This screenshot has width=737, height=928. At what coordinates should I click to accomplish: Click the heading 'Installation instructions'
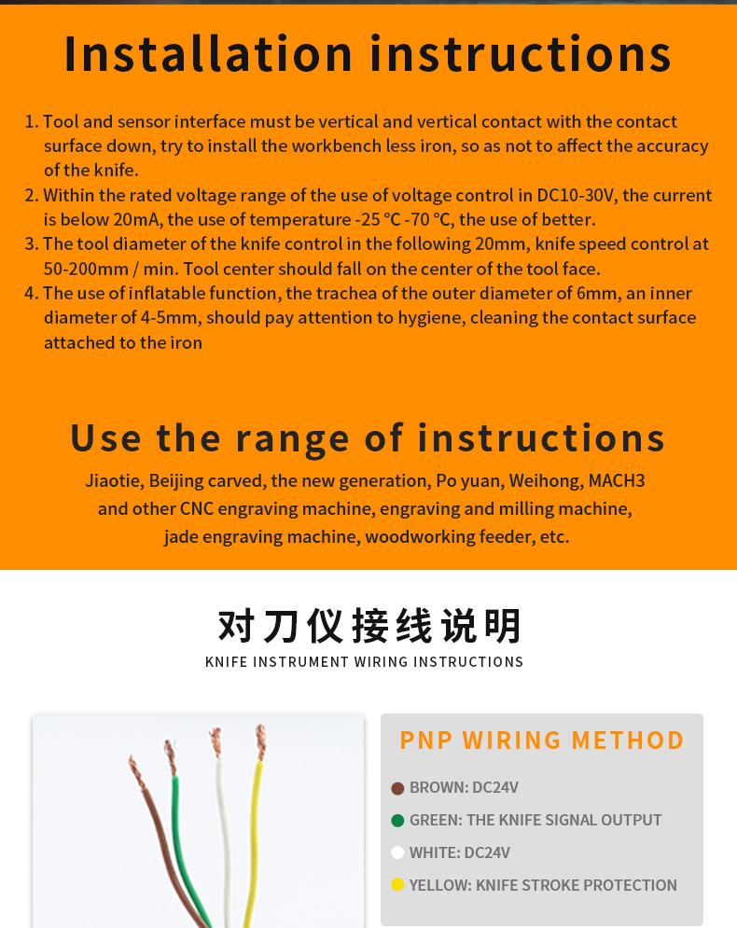point(368,54)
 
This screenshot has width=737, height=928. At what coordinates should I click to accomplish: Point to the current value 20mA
point(137,219)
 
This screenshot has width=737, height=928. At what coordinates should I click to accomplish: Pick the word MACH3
point(617,480)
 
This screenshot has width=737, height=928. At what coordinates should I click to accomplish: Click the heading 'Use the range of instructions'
point(368,438)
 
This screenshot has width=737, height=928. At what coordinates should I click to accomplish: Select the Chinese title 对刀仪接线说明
point(369,626)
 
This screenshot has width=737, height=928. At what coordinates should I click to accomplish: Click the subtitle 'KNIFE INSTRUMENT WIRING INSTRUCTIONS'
point(364,661)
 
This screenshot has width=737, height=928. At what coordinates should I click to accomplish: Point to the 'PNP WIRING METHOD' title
point(542,741)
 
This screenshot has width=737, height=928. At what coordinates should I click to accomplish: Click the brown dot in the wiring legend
point(397,788)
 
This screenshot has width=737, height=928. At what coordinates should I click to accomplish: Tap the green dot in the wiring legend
point(397,821)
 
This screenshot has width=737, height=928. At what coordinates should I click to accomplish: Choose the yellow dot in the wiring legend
point(397,885)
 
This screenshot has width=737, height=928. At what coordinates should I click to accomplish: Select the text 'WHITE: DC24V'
point(459,852)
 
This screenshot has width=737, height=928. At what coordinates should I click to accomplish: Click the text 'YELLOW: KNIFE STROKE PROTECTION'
point(543,885)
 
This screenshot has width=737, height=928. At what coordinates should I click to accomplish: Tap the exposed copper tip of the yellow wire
point(260,742)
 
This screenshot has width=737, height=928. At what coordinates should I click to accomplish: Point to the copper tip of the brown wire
point(137,772)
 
